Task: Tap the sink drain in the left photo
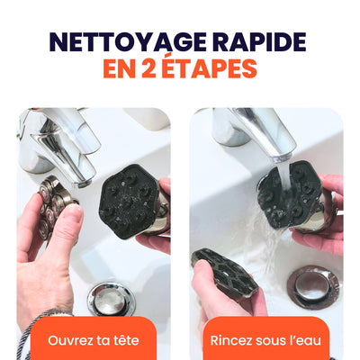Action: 112,297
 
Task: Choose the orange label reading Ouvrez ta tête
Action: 94,340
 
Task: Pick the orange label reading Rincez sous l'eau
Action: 266,340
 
